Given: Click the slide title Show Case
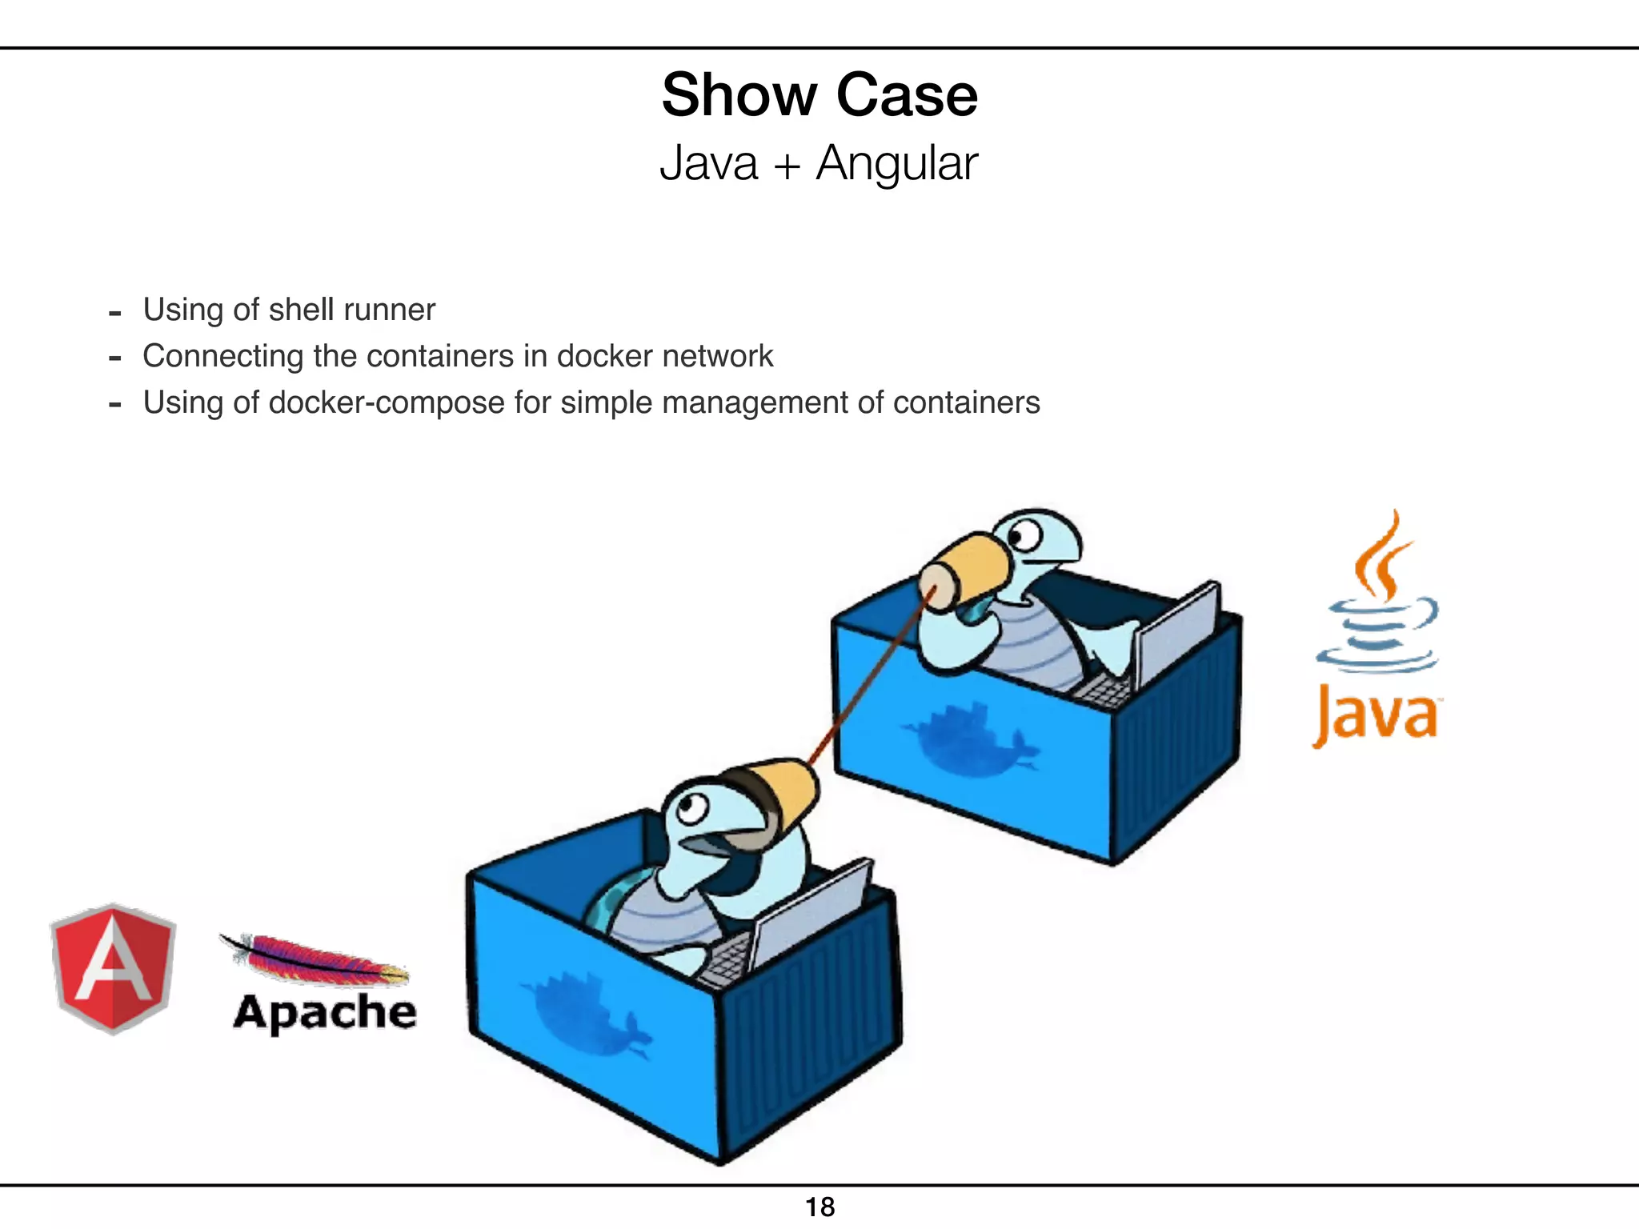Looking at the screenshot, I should [819, 95].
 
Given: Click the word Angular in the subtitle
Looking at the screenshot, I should [896, 164].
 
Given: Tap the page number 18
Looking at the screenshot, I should [819, 1207].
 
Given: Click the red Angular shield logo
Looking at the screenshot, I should [113, 969].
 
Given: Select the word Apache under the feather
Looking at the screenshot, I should [325, 1012].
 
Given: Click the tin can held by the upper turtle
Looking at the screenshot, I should [964, 571].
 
